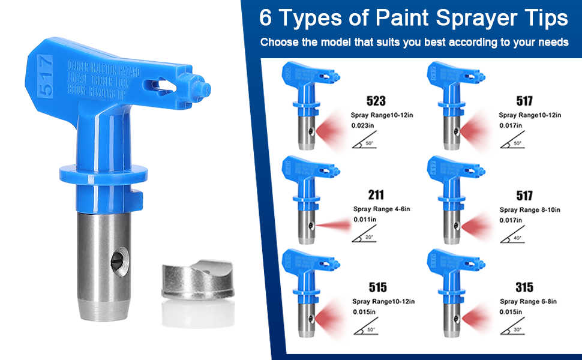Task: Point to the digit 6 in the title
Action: tap(265, 18)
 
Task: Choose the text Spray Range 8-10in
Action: tap(530, 209)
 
